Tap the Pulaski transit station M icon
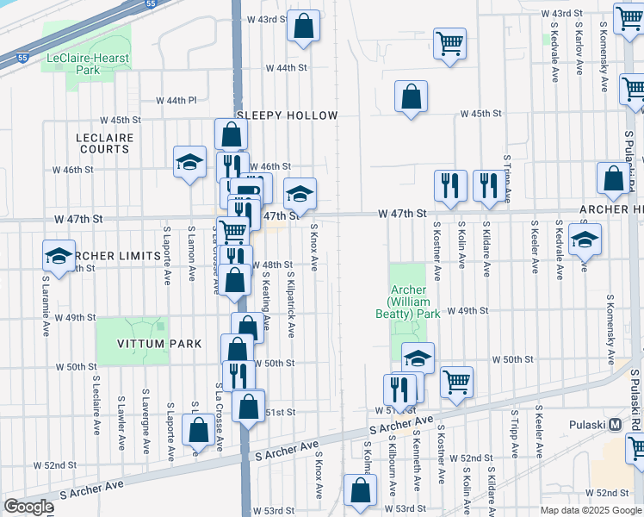coord(615,424)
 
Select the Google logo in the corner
coord(28,507)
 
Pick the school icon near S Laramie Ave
coord(59,256)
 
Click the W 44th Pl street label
coord(176,101)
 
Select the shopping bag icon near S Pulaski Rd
coord(613,178)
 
